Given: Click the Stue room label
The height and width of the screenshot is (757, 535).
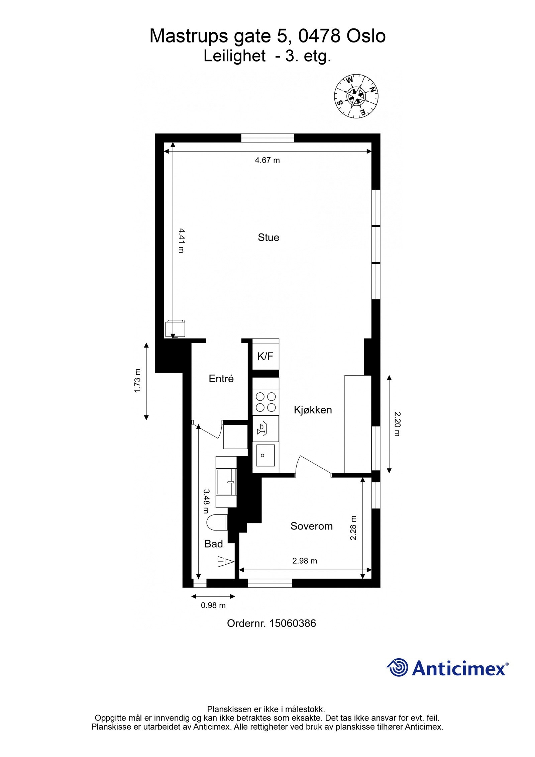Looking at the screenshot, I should point(268,238).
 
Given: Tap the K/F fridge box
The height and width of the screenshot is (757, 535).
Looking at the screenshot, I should point(265,357).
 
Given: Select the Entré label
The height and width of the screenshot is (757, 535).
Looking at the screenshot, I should point(221,379).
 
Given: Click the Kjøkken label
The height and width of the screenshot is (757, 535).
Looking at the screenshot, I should point(313,410).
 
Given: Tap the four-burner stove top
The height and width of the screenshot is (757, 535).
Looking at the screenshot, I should point(265,402).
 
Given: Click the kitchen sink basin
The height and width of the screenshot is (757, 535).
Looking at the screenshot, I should point(265,455).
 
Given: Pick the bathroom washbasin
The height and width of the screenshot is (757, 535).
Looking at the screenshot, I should point(226,482).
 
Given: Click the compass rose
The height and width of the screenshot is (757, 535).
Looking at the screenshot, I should point(356,96).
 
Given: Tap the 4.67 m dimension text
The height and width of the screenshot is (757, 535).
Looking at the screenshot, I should point(267,160).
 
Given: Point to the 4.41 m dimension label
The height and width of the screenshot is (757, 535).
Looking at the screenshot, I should point(181,241).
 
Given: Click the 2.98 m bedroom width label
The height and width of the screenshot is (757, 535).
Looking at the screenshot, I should point(305,561).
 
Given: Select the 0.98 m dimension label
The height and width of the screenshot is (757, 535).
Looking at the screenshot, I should point(213,605).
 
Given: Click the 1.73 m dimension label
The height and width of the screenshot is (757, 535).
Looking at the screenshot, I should point(138,381).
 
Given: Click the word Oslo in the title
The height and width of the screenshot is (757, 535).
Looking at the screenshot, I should point(366,36).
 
